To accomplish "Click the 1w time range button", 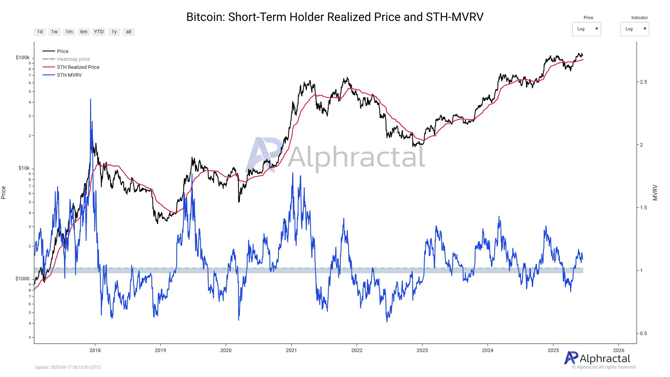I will click(x=54, y=32).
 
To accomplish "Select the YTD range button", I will click(x=99, y=32).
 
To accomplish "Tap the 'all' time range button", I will click(x=129, y=32).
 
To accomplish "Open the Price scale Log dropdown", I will click(x=586, y=29).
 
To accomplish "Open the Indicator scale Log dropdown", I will click(x=634, y=29).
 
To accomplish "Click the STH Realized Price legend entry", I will click(x=78, y=67).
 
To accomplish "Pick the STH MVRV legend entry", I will click(x=69, y=75).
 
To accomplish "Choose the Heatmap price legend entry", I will click(x=73, y=59).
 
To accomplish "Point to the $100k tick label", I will click(x=23, y=58).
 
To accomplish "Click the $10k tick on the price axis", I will click(x=24, y=168).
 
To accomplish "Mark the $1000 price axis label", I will click(x=23, y=279).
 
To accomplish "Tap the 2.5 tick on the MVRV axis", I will click(x=644, y=82).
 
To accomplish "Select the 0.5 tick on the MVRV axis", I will click(x=644, y=333).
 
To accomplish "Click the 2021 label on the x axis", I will click(x=291, y=350).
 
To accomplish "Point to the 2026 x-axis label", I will click(x=618, y=350).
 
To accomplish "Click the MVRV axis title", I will click(x=655, y=193).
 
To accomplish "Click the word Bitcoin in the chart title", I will click(x=205, y=17).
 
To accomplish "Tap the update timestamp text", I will click(x=68, y=367).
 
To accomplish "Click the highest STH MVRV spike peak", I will click(x=91, y=99).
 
